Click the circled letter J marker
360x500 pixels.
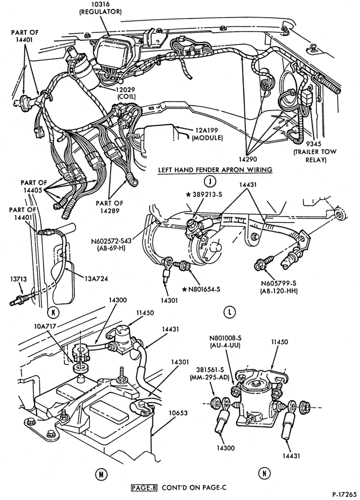210,181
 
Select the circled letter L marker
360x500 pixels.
229,312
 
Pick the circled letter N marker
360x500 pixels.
264,473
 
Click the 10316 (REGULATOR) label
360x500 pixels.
100,8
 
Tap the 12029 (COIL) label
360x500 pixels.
126,93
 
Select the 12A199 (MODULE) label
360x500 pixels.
208,134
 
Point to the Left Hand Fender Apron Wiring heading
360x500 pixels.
215,169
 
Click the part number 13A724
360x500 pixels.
96,278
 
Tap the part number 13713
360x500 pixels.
18,279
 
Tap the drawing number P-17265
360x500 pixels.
343,494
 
